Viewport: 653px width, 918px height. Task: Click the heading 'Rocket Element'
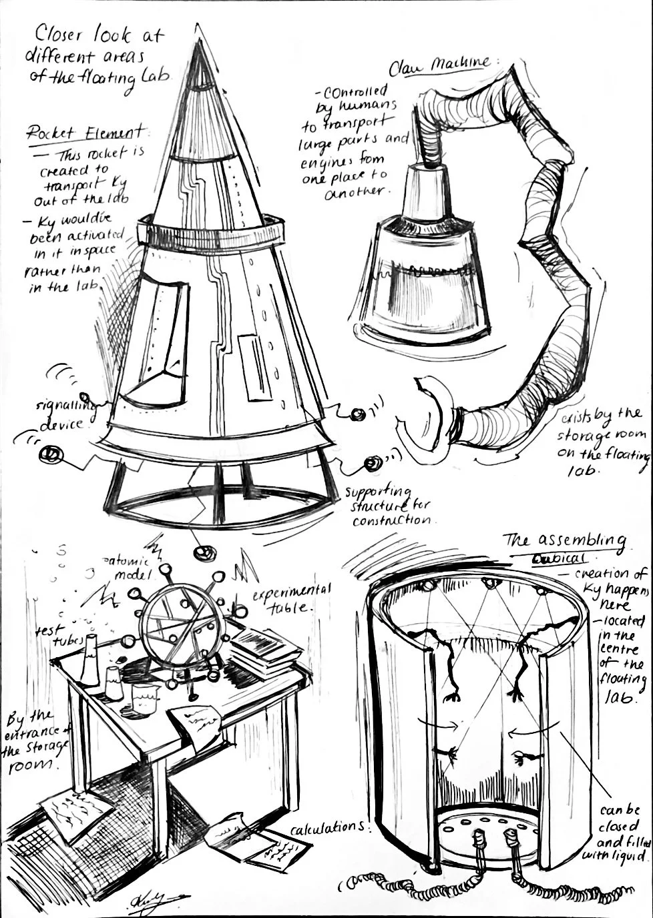[85, 131]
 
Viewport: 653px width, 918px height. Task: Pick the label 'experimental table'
[290, 598]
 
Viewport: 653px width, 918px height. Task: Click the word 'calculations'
[327, 827]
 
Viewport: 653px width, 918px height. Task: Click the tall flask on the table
[89, 660]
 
